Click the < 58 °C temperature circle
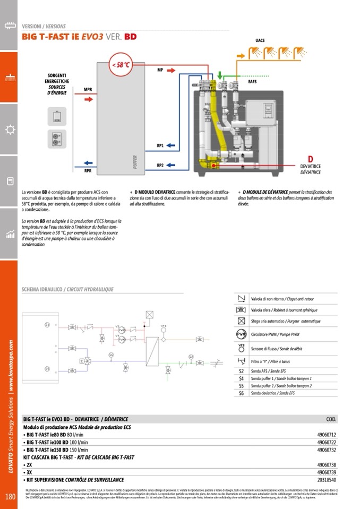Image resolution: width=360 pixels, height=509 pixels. (120, 65)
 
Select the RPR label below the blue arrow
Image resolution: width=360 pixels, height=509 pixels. (88, 171)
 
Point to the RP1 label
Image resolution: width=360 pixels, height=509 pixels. (160, 145)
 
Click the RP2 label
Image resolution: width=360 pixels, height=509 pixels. (160, 165)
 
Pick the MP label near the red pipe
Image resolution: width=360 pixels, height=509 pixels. (160, 70)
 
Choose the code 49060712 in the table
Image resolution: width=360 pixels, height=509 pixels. (327, 434)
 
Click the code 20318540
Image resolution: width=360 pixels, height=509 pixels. (327, 479)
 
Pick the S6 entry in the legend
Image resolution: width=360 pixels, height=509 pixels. (241, 393)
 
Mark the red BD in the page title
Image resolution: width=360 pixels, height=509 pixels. (131, 37)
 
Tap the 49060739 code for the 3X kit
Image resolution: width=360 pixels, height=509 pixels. (327, 472)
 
